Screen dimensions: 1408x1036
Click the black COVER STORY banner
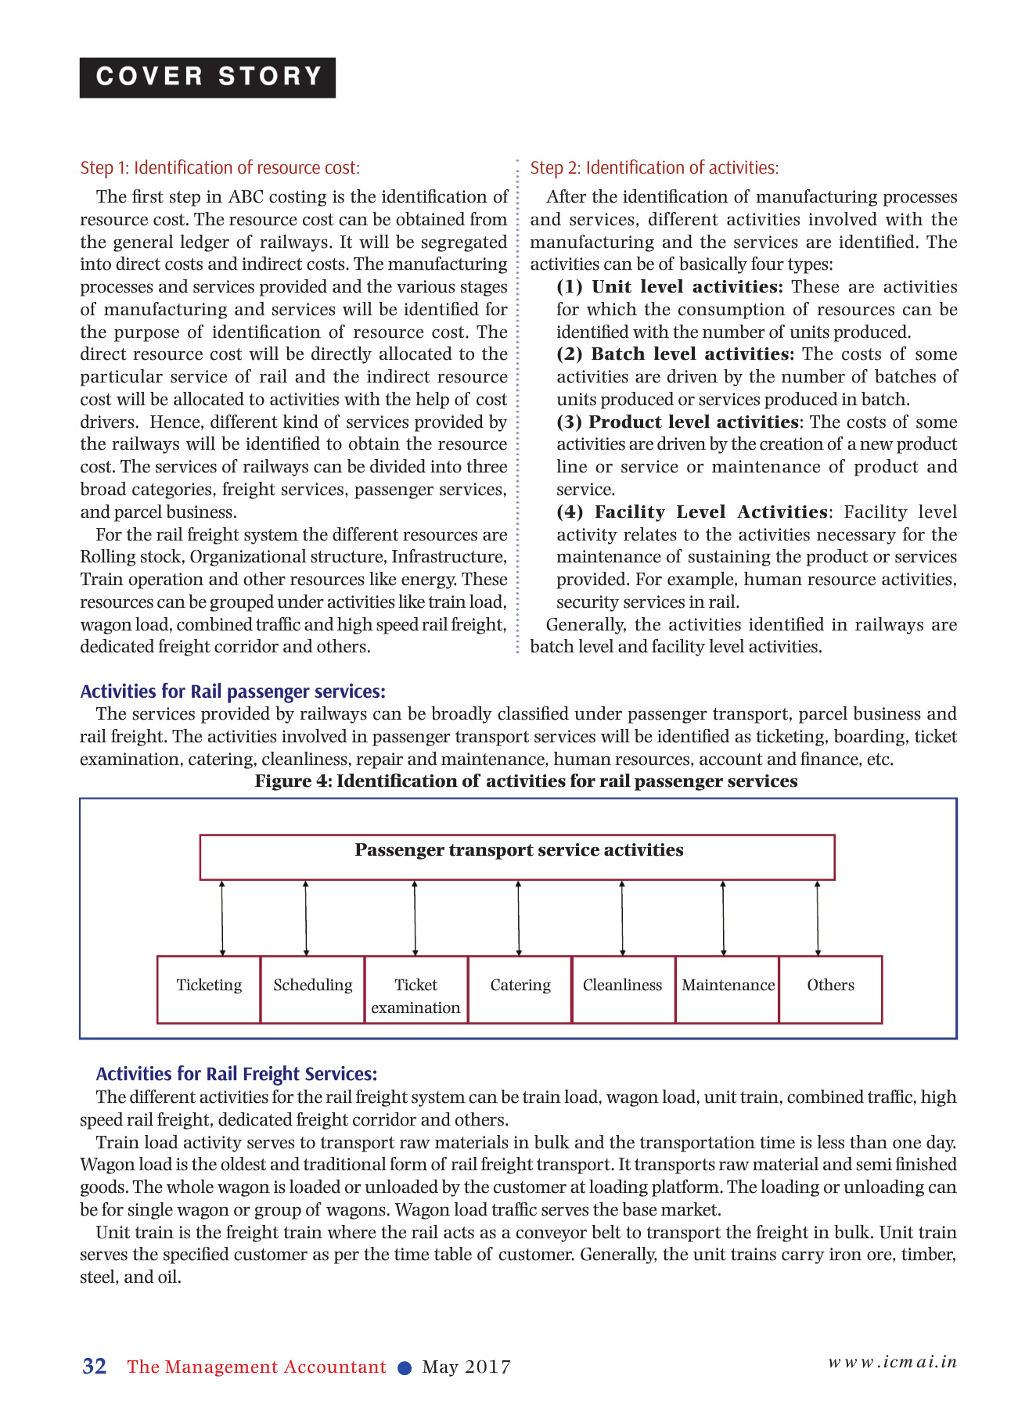coord(207,77)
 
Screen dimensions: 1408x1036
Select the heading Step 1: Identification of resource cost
coord(220,167)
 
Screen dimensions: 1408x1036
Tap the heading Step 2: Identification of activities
coord(654,167)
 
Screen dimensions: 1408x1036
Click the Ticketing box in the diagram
coord(209,990)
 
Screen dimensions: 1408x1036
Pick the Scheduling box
coord(312,990)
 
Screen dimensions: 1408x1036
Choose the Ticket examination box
coord(415,990)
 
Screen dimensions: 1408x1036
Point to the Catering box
coord(520,990)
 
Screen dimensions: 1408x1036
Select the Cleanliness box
coord(623,990)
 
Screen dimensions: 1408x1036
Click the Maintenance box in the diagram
coord(728,990)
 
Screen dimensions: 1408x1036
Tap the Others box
coord(830,990)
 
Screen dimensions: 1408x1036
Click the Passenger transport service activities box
coord(517,857)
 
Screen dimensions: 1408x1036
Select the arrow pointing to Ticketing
coord(223,918)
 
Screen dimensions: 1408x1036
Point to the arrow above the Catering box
coord(519,918)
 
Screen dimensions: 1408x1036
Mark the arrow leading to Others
coord(818,918)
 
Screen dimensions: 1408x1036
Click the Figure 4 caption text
coord(526,781)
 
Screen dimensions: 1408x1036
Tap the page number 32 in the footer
coord(95,1367)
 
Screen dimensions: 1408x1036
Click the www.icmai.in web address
coord(892,1362)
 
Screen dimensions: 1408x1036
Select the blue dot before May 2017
coord(405,1368)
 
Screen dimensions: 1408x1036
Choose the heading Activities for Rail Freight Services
coord(236,1074)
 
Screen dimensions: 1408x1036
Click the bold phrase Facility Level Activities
coord(710,512)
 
